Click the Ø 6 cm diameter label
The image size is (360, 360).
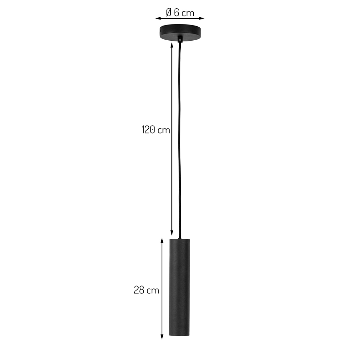(180, 13)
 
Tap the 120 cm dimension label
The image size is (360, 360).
(156, 130)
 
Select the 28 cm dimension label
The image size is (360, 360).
(147, 290)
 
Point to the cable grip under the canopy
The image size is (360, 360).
(180, 39)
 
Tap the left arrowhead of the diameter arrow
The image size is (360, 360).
(158, 18)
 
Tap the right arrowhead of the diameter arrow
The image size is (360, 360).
(202, 18)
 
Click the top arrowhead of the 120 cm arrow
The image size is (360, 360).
(172, 45)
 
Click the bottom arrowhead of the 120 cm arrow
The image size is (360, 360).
(172, 233)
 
